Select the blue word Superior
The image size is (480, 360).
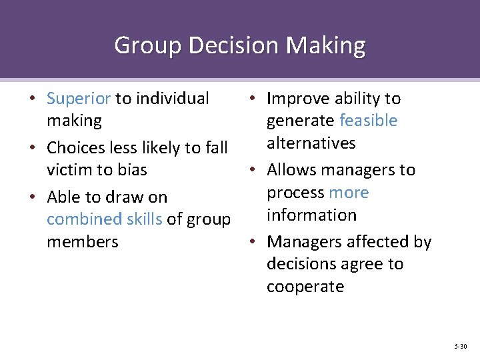pos(79,99)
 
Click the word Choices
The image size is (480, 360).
pos(79,147)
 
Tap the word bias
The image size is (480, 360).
pos(132,170)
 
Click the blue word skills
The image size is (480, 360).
pos(145,219)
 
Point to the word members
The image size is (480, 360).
pos(82,242)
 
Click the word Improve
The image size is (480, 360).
pos(298,99)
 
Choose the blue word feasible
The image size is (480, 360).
pos(368,121)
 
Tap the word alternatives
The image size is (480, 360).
pos(311,143)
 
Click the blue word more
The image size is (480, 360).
pos(349,193)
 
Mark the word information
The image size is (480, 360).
pos(311,215)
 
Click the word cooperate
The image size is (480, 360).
pos(305,287)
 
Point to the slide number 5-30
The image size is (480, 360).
pos(460,346)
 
